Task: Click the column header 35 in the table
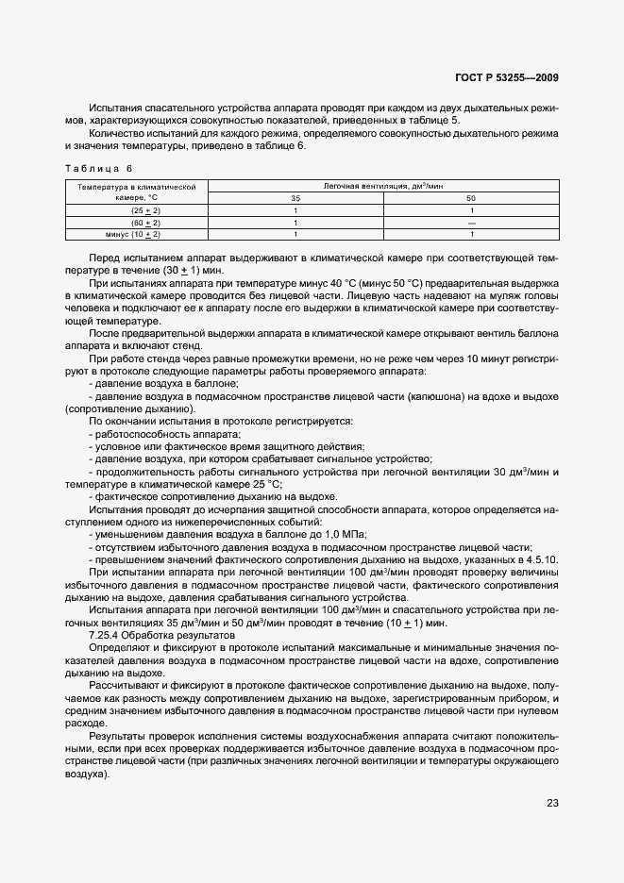click(295, 198)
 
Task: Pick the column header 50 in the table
click(471, 198)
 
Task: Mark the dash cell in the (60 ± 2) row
click(471, 222)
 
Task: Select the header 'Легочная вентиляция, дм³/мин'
click(383, 187)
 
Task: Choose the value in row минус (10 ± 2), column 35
click(295, 233)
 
